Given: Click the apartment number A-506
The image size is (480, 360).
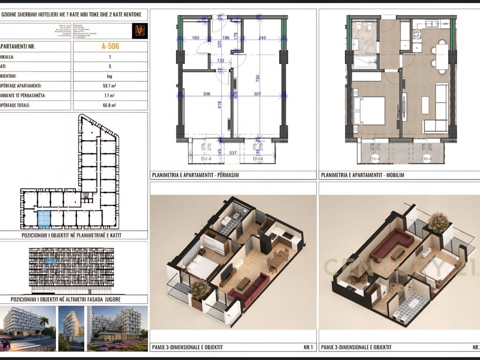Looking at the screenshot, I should (x=110, y=46).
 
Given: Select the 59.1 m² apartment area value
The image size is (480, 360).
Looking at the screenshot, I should (x=110, y=86).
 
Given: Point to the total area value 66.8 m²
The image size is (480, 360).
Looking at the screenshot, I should (x=110, y=105).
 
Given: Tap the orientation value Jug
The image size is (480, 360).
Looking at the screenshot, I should (x=110, y=76).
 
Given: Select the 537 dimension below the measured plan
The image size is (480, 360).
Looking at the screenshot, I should (x=232, y=153).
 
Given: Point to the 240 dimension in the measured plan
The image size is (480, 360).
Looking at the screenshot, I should (x=262, y=38).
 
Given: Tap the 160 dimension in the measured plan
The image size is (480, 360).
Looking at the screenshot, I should (x=195, y=38).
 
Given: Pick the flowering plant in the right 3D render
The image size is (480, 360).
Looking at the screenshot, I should (x=439, y=222).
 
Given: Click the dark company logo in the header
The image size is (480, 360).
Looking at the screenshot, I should (x=140, y=30).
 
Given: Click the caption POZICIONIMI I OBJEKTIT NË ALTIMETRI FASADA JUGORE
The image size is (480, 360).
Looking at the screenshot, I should (x=74, y=299).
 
